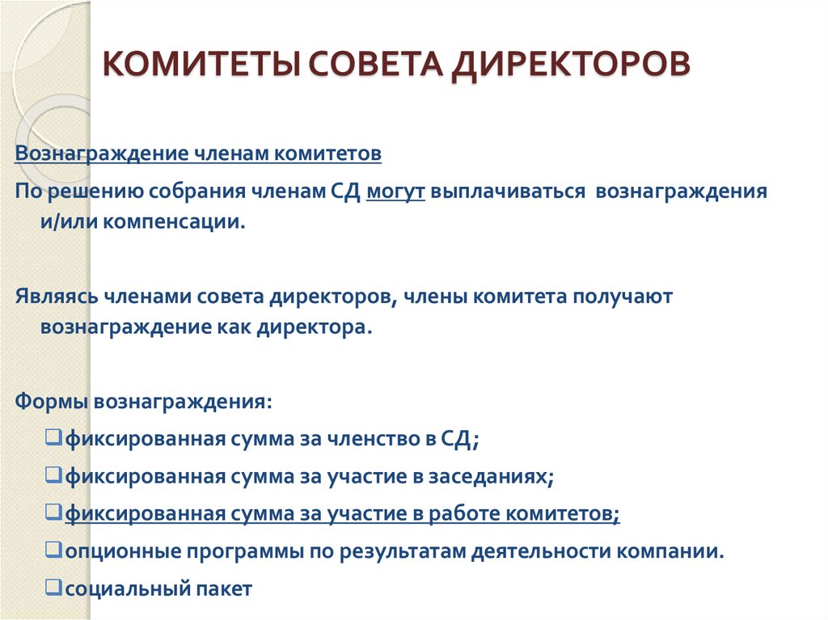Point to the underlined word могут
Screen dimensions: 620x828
point(395,193)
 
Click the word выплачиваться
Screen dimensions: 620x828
point(508,193)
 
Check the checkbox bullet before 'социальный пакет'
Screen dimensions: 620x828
point(55,588)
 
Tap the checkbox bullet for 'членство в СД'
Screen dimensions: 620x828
point(55,439)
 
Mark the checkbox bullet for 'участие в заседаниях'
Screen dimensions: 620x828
point(55,476)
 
